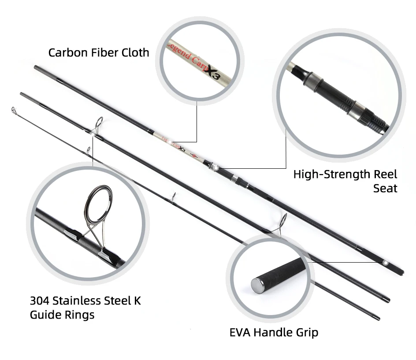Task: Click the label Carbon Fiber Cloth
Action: click(x=99, y=52)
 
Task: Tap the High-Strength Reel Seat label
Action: click(x=345, y=181)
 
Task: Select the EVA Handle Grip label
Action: click(x=274, y=332)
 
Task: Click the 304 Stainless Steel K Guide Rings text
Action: click(x=85, y=308)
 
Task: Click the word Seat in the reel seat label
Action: click(x=385, y=188)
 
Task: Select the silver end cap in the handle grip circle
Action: click(x=257, y=286)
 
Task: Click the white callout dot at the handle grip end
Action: click(x=386, y=263)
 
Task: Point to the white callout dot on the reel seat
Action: click(x=216, y=168)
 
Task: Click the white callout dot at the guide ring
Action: click(x=93, y=135)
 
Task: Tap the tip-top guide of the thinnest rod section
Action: click(x=14, y=110)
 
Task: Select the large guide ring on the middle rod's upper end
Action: click(x=98, y=126)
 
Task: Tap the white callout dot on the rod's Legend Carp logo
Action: click(x=169, y=142)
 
